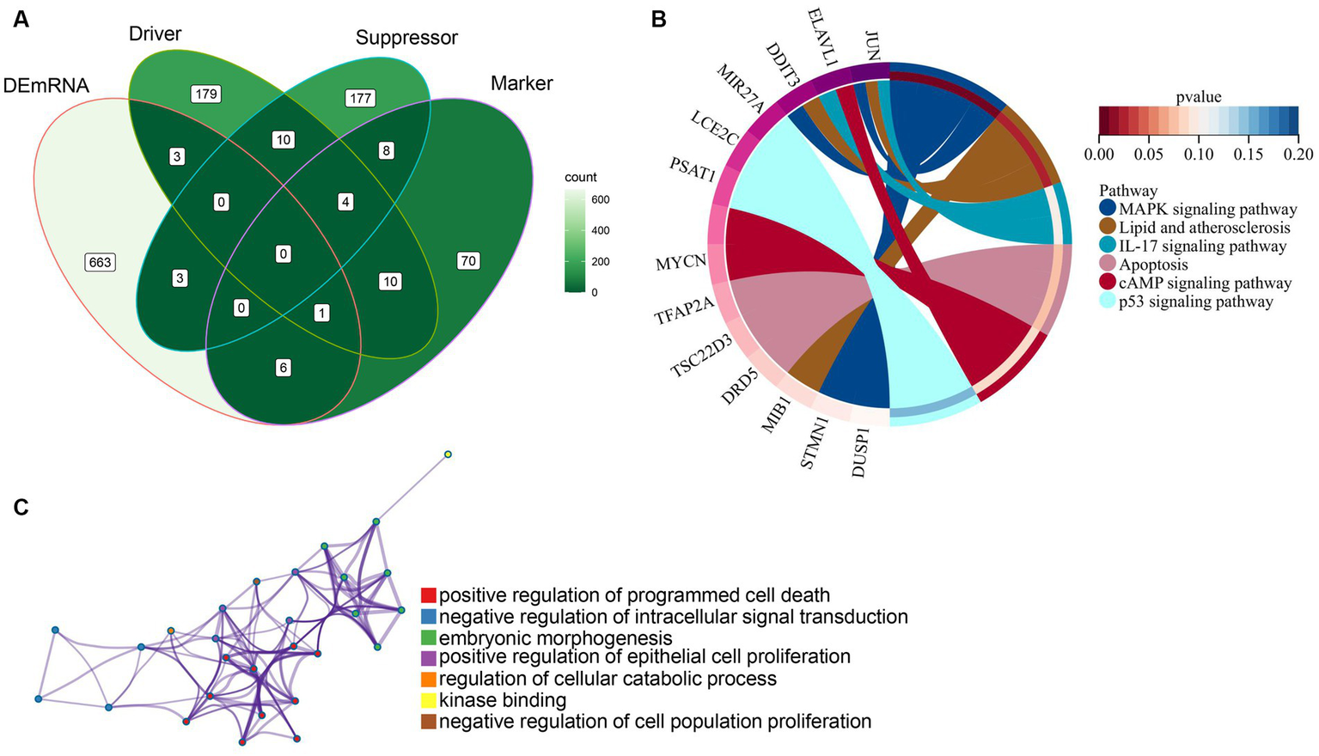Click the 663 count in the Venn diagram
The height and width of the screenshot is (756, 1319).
pos(101,262)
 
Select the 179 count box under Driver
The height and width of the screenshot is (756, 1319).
pos(206,94)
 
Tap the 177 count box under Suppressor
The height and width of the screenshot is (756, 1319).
pos(360,98)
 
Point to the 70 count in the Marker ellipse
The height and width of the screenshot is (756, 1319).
pos(468,260)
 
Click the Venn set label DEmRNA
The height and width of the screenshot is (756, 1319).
pos(46,86)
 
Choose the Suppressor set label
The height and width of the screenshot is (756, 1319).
pos(406,38)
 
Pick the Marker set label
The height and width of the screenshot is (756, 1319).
pos(522,83)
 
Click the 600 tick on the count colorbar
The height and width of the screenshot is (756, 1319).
pos(601,199)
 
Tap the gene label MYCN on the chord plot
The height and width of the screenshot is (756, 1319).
pos(681,262)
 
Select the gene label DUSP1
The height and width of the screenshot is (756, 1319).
pos(861,452)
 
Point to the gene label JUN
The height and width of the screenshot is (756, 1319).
pos(872,46)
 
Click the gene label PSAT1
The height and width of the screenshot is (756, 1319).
pos(693,168)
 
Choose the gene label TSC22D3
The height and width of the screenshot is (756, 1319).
pos(701,357)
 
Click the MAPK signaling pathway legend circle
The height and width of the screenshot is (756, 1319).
pos(1108,209)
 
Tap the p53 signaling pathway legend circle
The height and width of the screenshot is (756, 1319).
pos(1108,302)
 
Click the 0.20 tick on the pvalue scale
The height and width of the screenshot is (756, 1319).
pos(1298,154)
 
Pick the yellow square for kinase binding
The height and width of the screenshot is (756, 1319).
pos(429,700)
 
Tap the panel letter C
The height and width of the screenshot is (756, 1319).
pos(21,507)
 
